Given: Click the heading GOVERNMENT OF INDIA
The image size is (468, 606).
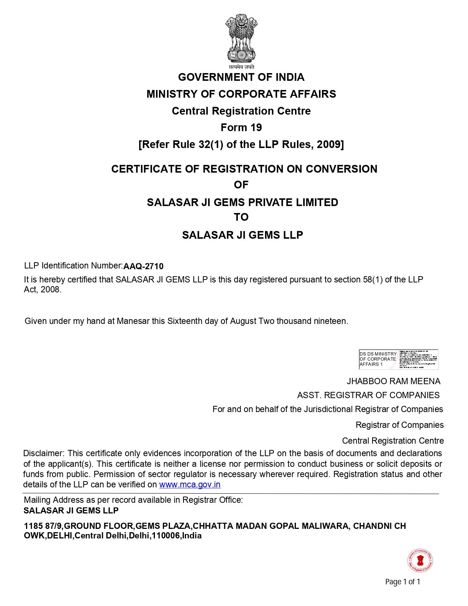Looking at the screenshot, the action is (x=241, y=77).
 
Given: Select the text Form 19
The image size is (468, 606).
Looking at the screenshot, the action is (x=241, y=127).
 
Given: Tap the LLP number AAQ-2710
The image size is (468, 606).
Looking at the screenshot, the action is (x=144, y=266).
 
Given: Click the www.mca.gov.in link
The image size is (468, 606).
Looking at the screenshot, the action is (x=190, y=484).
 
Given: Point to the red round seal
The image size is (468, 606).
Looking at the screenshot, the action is (x=420, y=561).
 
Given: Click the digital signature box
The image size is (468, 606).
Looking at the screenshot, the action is (x=398, y=359).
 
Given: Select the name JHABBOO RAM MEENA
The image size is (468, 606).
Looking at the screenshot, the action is (x=393, y=381).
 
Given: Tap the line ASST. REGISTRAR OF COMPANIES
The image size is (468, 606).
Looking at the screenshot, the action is (x=368, y=395).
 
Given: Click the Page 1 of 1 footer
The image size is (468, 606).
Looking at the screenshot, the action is (x=403, y=582).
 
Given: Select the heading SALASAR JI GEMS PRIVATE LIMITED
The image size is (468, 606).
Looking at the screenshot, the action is (x=242, y=202).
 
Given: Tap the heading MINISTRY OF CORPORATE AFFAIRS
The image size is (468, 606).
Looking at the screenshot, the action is (x=241, y=94).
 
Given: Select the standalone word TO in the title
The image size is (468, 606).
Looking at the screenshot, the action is (x=241, y=217).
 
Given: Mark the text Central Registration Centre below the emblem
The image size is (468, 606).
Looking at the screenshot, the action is (x=241, y=111).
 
